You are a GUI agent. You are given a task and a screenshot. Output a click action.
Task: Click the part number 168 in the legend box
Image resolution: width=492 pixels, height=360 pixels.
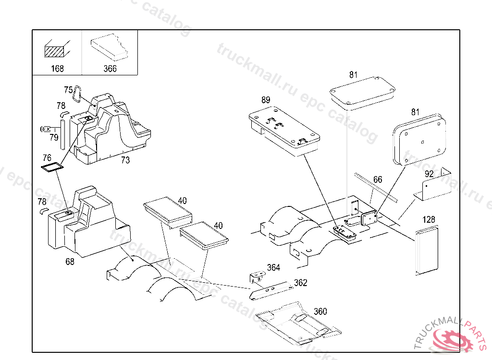click(x=57, y=69)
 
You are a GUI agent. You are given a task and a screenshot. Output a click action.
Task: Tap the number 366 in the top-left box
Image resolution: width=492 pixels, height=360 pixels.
click(x=110, y=69)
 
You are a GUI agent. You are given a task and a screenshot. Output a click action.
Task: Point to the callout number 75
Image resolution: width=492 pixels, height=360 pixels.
click(x=68, y=90)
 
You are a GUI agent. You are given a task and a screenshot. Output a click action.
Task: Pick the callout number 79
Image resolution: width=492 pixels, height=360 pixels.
click(x=54, y=138)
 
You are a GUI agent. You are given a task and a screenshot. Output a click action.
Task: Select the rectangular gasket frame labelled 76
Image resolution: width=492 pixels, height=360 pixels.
click(x=52, y=167)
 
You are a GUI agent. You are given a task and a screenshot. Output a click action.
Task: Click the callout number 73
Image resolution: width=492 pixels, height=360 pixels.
click(x=125, y=160)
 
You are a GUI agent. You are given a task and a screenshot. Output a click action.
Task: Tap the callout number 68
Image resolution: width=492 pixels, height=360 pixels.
click(x=70, y=262)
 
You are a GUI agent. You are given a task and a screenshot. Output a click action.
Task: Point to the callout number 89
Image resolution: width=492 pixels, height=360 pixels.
click(x=266, y=100)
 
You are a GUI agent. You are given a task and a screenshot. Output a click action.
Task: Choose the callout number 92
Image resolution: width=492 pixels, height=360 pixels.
click(x=429, y=173)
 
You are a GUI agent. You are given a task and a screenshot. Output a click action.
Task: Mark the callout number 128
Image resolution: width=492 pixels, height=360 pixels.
click(x=429, y=219)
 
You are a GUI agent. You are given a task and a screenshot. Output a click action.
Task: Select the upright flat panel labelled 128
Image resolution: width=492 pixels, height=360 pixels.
click(x=427, y=251)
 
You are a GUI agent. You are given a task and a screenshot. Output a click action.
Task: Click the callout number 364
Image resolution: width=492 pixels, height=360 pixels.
click(x=273, y=268)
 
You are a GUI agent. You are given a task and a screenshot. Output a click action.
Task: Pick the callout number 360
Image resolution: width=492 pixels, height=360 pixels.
click(x=320, y=312)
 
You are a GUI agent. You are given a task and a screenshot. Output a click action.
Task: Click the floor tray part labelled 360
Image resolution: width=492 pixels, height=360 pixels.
click(x=298, y=324)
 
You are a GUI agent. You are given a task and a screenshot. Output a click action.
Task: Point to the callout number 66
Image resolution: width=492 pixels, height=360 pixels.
click(x=378, y=180)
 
